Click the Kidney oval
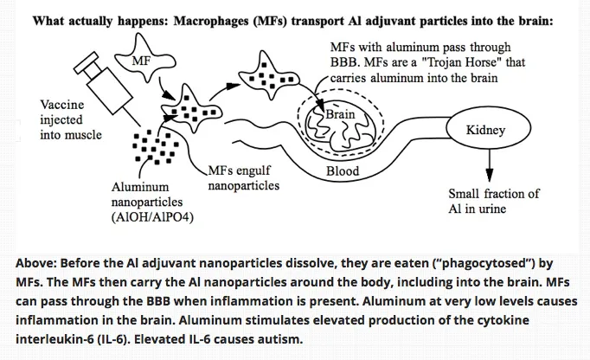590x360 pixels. pos(485,131)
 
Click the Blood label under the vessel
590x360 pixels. pos(343,171)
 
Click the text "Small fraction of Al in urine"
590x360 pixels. pos(493,201)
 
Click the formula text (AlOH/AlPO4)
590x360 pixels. pos(153,216)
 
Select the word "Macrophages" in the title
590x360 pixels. pos(240,19)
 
